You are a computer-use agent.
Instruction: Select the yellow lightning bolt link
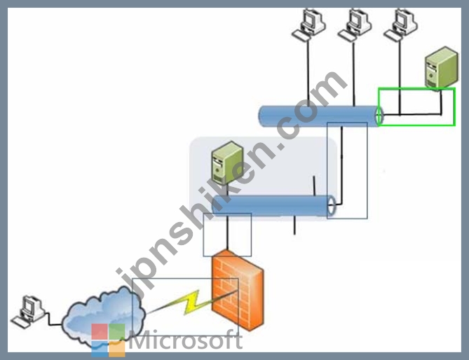[x=191, y=303]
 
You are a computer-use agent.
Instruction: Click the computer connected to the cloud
[x=28, y=312]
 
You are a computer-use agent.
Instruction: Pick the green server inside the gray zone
[x=226, y=162]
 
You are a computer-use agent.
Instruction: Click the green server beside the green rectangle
[x=442, y=67]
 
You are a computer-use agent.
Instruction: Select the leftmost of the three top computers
[x=308, y=24]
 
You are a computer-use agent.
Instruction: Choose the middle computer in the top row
[x=355, y=24]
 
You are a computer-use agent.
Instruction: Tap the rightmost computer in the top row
[x=401, y=24]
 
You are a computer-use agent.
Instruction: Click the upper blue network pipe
[x=320, y=116]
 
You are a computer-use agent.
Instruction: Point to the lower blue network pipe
[x=273, y=206]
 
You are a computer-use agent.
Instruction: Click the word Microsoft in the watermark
[x=186, y=340]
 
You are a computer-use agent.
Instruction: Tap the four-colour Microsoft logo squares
[x=108, y=340]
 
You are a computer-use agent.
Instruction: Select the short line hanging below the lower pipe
[x=294, y=226]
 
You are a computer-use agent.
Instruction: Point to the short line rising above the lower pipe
[x=314, y=186]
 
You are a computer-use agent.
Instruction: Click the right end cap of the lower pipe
[x=332, y=206]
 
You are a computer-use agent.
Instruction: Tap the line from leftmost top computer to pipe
[x=308, y=73]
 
